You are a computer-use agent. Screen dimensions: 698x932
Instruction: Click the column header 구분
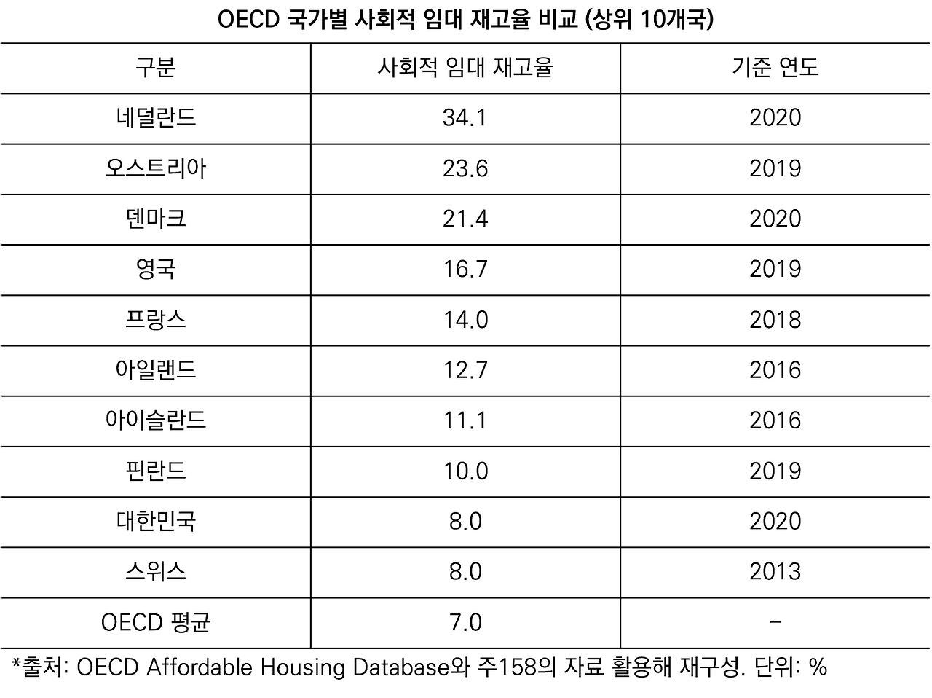(x=155, y=68)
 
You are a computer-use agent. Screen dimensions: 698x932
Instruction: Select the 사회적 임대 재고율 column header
(x=465, y=68)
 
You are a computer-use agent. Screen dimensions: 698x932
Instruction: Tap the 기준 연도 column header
(x=775, y=68)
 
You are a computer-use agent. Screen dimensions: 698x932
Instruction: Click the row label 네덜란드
(x=155, y=118)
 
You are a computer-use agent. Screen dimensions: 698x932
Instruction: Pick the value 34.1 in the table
(x=465, y=118)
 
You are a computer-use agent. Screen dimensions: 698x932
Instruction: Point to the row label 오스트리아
(x=155, y=168)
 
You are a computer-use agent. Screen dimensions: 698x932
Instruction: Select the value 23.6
(x=465, y=168)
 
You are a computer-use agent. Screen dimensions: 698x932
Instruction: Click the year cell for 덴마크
(x=775, y=219)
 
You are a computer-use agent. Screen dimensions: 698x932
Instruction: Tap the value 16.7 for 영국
(x=465, y=270)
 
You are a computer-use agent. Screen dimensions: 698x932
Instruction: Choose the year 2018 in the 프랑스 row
(x=775, y=320)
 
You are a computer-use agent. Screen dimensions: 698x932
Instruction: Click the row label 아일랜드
(x=155, y=370)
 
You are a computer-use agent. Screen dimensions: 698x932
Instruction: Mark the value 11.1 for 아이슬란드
(x=465, y=420)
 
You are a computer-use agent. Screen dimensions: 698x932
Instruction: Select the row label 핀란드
(x=155, y=471)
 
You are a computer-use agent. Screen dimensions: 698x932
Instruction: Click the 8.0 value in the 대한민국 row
(x=465, y=522)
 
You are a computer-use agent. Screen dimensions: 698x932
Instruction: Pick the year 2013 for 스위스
(x=775, y=572)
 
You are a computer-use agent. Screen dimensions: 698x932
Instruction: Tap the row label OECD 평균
(x=155, y=623)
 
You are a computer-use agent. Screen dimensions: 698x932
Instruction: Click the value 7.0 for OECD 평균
(x=465, y=623)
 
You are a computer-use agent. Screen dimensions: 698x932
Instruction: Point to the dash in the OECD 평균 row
(x=775, y=622)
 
